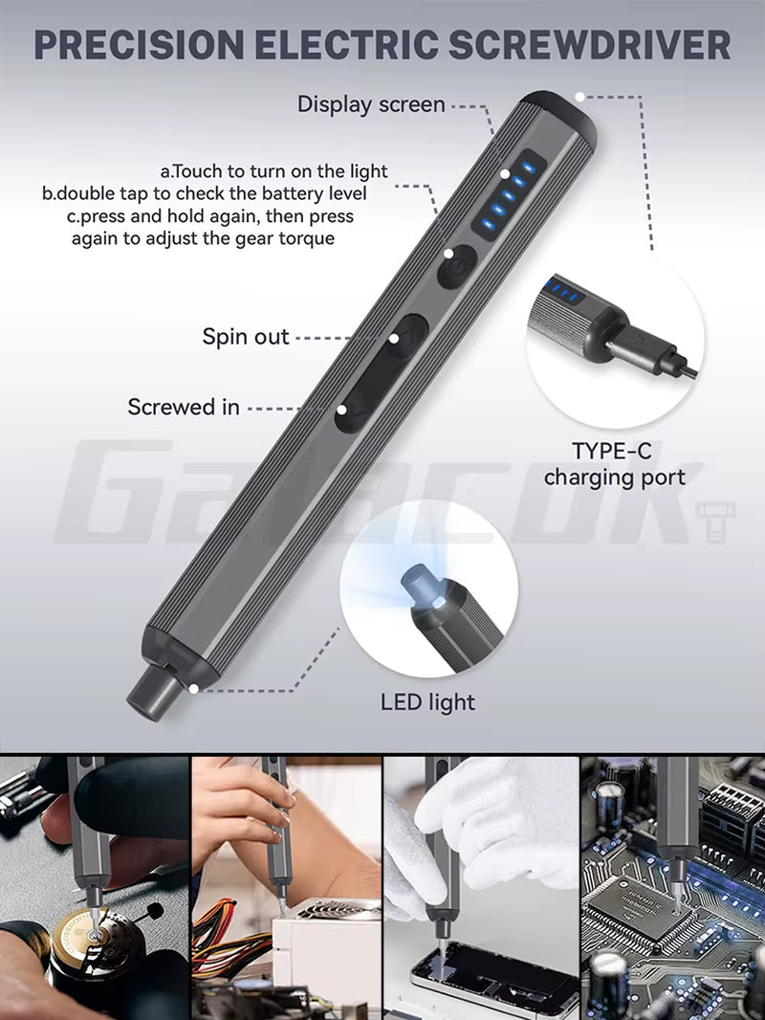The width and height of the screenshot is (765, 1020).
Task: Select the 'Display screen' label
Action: [371, 104]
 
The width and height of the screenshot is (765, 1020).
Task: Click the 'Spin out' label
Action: [246, 337]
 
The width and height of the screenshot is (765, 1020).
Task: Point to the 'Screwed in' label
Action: [184, 407]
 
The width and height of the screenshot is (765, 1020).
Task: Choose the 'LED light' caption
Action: [427, 702]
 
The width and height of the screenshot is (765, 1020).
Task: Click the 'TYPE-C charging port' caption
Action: [614, 463]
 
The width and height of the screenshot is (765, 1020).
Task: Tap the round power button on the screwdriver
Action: [457, 267]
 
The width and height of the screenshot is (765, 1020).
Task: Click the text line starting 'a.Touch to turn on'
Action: [273, 171]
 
